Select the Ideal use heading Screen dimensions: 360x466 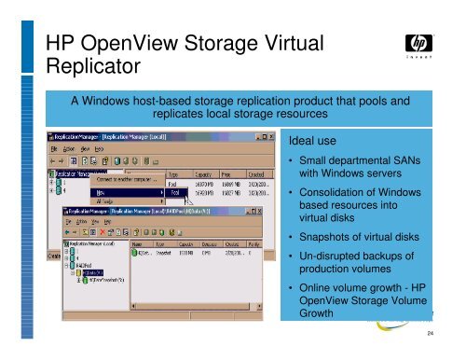313,143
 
